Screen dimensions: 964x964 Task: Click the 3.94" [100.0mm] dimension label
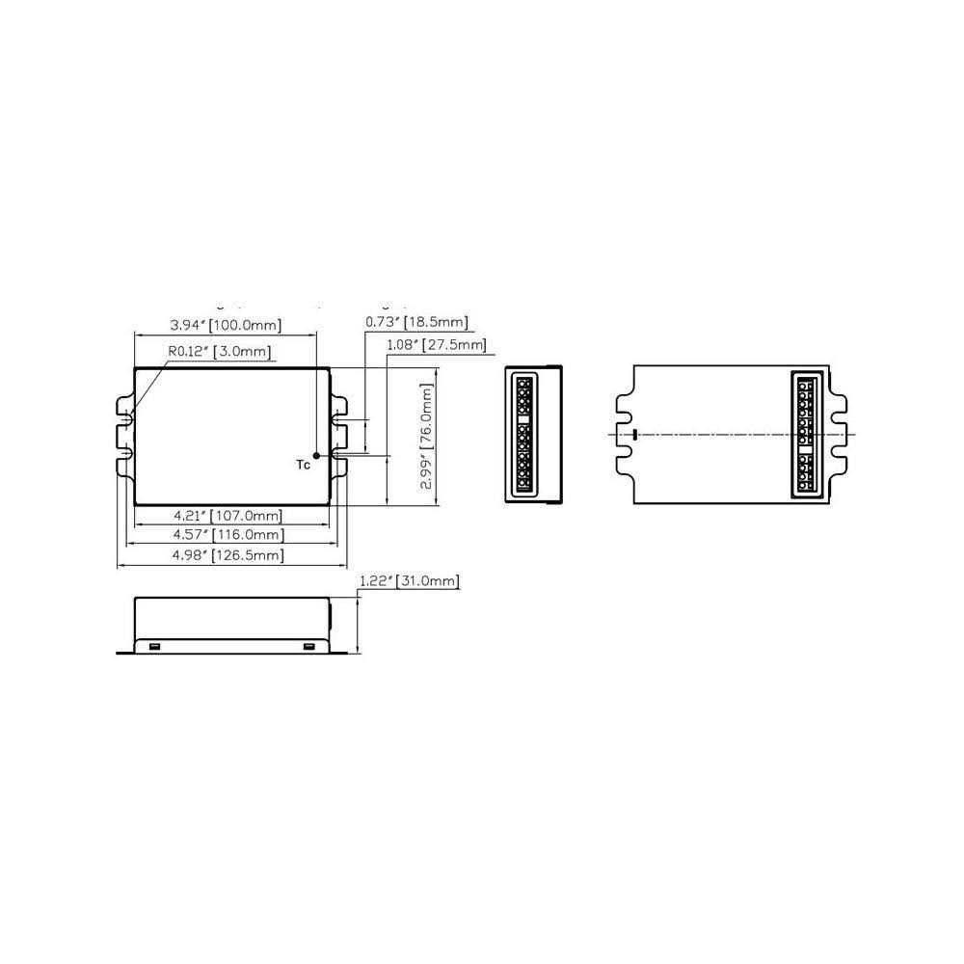click(226, 324)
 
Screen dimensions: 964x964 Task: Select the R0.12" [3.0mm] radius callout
click(219, 352)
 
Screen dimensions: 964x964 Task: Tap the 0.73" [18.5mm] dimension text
click(416, 321)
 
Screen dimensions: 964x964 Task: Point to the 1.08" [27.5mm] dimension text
click(436, 344)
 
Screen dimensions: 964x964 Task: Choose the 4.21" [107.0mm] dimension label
click(228, 516)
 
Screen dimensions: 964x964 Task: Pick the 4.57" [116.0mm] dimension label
click(228, 535)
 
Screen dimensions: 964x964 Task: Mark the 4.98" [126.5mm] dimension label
click(228, 555)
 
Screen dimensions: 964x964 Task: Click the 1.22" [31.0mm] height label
click(409, 581)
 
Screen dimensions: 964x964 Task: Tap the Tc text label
click(303, 466)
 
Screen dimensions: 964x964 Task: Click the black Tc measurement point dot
click(316, 455)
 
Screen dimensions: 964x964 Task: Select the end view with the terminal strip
click(533, 434)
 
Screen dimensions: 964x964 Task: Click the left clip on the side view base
click(153, 645)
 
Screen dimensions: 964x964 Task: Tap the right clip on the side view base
click(308, 645)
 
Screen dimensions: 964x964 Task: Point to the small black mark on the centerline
click(634, 434)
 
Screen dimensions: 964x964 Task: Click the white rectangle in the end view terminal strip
click(523, 420)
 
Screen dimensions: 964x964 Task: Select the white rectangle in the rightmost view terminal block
click(806, 448)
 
